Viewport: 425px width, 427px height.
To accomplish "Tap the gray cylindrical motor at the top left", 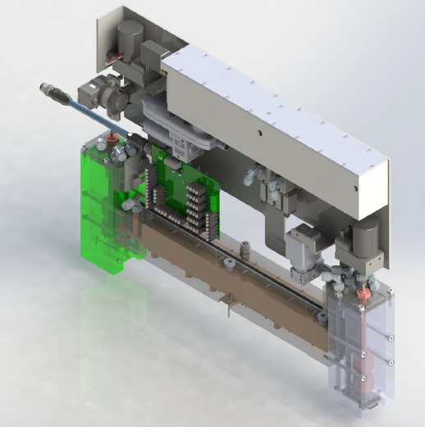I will point(129,35).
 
